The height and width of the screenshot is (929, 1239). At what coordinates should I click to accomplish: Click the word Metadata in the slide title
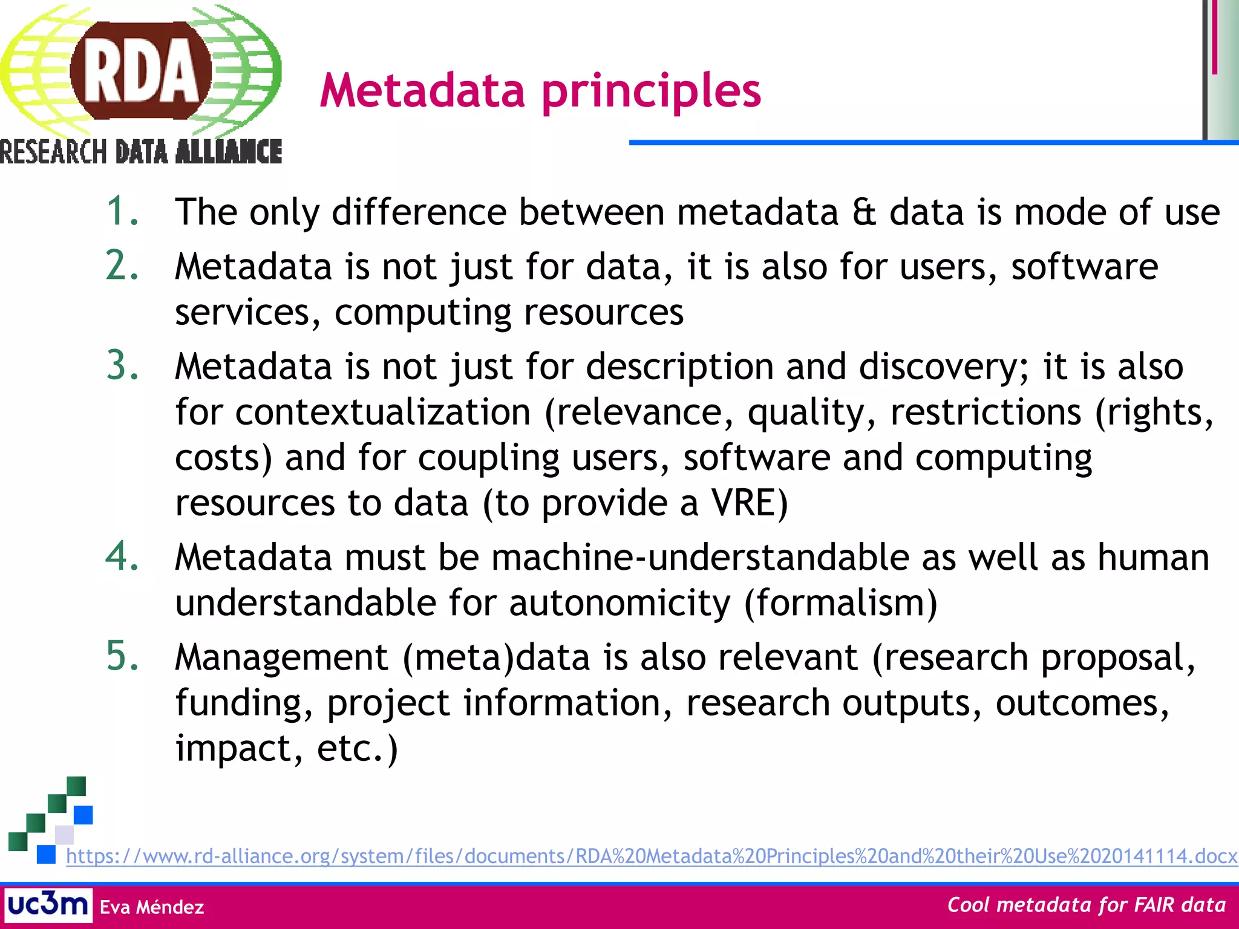click(x=422, y=91)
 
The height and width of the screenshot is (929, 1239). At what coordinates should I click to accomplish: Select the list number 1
click(x=122, y=212)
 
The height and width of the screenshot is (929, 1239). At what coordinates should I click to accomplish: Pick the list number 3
click(x=122, y=366)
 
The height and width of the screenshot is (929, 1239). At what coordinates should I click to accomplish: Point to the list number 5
click(x=122, y=656)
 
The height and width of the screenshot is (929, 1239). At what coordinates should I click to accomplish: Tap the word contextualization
click(x=383, y=412)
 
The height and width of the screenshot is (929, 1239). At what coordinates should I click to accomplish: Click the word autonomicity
click(x=620, y=603)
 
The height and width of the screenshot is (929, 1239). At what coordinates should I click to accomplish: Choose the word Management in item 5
click(x=281, y=657)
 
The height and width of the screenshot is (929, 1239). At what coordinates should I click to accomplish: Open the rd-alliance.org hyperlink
click(x=651, y=856)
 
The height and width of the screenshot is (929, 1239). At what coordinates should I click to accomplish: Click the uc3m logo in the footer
click(x=48, y=905)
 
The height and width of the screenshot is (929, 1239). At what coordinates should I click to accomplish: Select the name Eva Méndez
click(x=152, y=907)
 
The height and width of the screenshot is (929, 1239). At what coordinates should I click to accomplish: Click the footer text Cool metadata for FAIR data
click(x=1086, y=905)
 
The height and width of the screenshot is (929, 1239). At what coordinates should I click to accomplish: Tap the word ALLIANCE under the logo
click(x=229, y=152)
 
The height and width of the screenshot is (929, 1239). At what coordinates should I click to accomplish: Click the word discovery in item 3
click(x=939, y=367)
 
